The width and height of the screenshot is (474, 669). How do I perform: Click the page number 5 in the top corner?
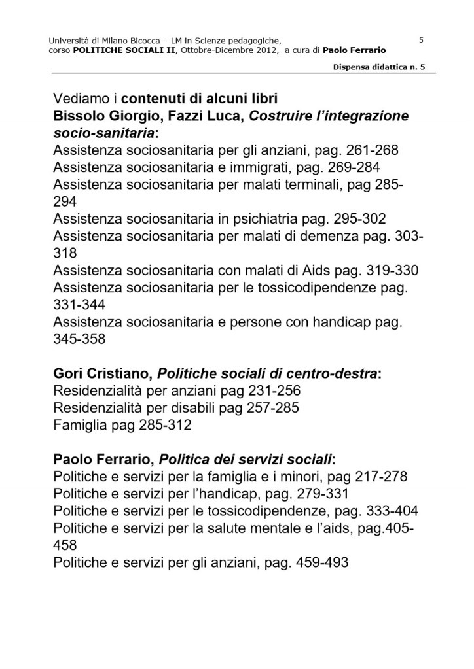coord(421,40)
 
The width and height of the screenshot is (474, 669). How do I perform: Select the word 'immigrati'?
coord(251,167)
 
